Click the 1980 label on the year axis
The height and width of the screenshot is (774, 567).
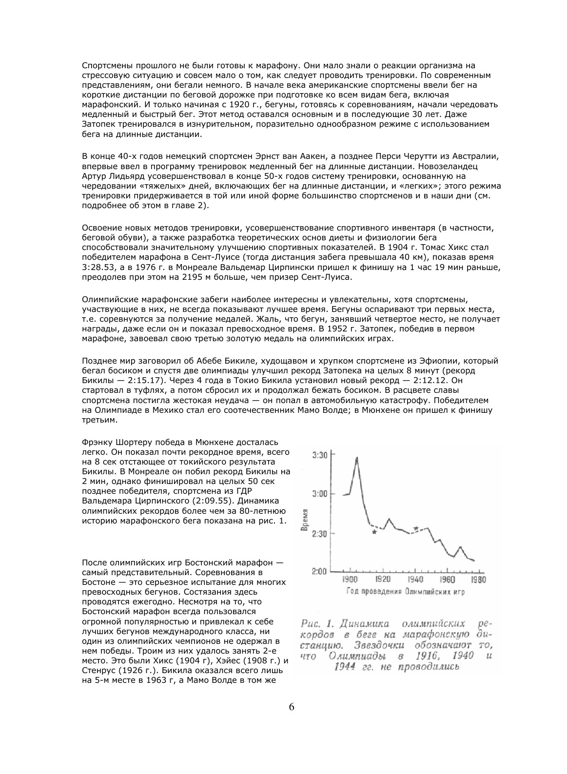478,580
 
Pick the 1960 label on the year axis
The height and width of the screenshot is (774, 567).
447,580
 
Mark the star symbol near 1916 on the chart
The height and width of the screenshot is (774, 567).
374,532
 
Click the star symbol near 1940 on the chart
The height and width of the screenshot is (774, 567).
415,528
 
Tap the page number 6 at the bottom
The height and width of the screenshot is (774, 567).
292,707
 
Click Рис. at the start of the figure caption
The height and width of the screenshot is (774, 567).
310,624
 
